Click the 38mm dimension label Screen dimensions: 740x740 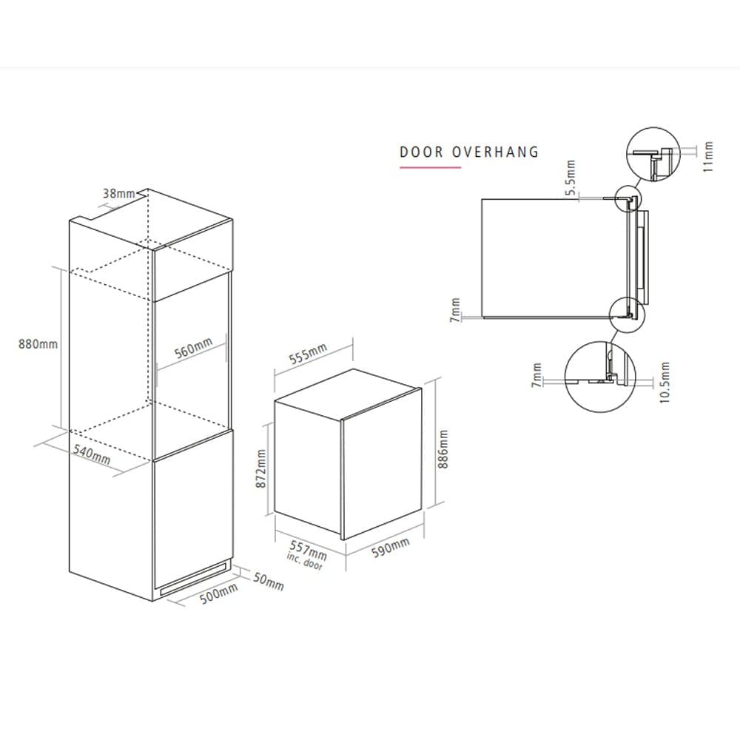[x=118, y=194]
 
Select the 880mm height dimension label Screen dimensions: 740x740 [x=38, y=344]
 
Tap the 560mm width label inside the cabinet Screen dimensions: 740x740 [x=193, y=349]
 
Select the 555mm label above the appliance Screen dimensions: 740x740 [x=308, y=356]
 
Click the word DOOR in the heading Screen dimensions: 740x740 [x=421, y=152]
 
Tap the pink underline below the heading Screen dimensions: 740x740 [x=430, y=168]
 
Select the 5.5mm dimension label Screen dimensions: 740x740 [x=571, y=178]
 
